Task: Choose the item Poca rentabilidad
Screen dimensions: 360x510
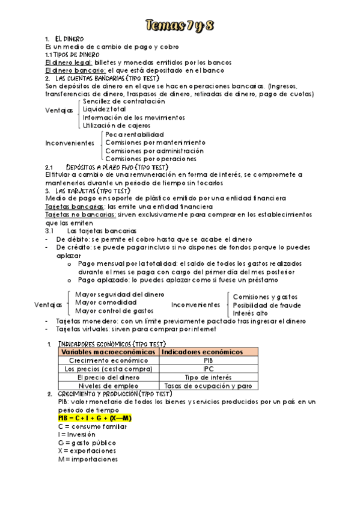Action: pyautogui.click(x=135, y=134)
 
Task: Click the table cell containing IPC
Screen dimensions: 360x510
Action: pyautogui.click(x=208, y=369)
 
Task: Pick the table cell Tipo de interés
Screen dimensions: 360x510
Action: pyautogui.click(x=208, y=377)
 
